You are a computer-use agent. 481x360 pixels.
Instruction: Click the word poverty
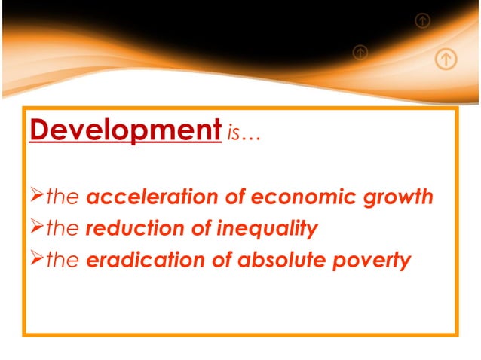375,261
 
